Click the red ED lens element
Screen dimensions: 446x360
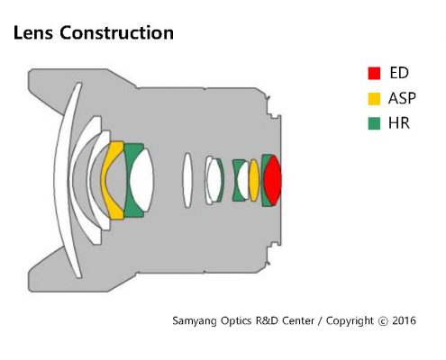[273, 180]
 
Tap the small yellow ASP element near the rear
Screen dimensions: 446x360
[254, 180]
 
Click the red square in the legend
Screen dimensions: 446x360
[374, 73]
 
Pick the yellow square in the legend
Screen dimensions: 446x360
[374, 99]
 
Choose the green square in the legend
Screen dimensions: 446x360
[374, 123]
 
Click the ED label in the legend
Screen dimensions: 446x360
[399, 73]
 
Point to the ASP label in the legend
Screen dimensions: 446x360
[402, 98]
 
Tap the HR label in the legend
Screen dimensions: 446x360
[399, 123]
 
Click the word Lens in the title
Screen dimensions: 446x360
[33, 32]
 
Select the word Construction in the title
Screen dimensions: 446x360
[116, 32]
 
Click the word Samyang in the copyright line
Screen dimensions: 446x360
[195, 321]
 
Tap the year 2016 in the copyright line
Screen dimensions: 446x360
[404, 320]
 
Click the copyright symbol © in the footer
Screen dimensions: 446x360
[383, 321]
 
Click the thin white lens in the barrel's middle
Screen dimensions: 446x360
[187, 180]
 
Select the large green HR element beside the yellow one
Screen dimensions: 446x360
[128, 181]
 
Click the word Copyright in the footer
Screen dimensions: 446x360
[350, 321]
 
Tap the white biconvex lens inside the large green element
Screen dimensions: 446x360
[141, 180]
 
